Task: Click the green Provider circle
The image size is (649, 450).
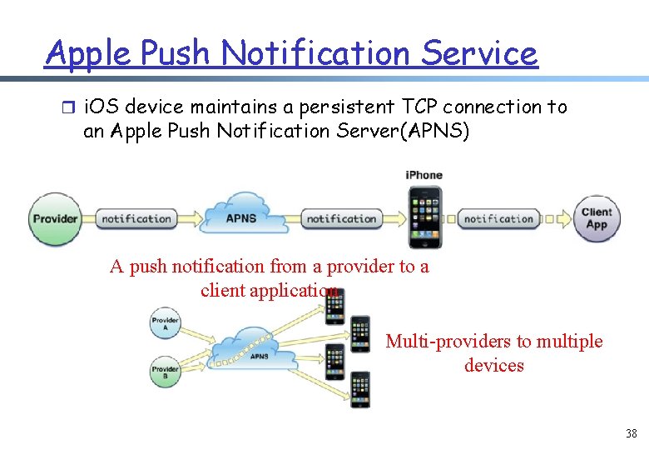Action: [x=55, y=219]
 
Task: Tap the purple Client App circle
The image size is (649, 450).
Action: [x=597, y=218]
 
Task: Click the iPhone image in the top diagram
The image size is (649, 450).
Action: [x=424, y=217]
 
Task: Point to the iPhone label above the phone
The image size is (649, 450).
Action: [x=424, y=175]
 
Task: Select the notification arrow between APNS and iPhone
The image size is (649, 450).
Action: [x=344, y=219]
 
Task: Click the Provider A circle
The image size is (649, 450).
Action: [x=166, y=322]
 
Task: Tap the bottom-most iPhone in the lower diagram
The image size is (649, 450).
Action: [x=360, y=390]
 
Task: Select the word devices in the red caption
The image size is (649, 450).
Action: [x=494, y=365]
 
